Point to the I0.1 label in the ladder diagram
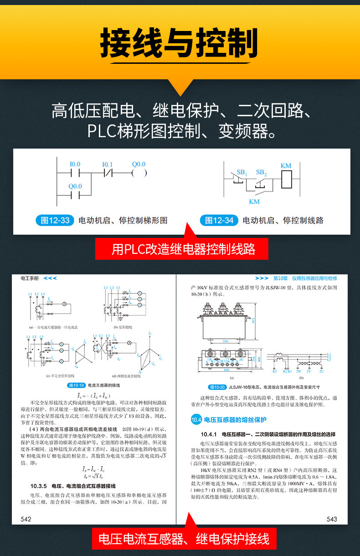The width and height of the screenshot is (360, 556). [107, 164]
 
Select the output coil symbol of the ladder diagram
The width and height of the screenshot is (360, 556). [139, 173]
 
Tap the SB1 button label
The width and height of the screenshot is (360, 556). [242, 173]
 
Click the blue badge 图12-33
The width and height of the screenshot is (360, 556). [55, 221]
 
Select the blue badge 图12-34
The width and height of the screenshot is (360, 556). [219, 221]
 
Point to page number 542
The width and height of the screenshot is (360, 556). [26, 519]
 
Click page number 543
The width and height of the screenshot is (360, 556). [332, 519]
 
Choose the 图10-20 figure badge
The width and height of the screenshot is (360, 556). [217, 387]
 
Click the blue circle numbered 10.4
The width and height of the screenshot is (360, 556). [196, 420]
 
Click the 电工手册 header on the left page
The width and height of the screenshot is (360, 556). [30, 278]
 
